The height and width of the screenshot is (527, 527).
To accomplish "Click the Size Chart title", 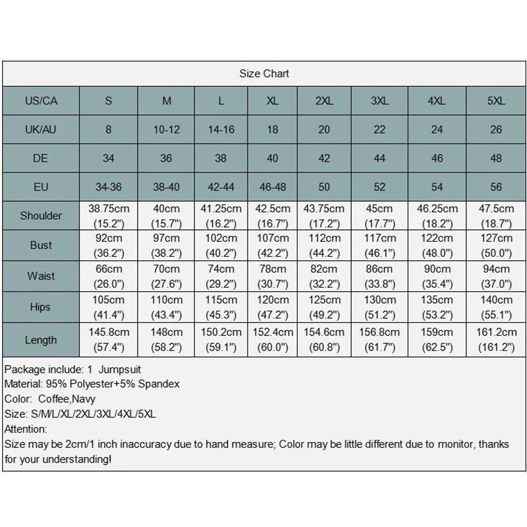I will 264,73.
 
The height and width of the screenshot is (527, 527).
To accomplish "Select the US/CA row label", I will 41,101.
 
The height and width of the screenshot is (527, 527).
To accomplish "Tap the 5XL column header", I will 495,101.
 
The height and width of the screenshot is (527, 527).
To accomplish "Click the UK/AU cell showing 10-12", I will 166,130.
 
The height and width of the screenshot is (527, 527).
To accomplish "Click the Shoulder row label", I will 41,215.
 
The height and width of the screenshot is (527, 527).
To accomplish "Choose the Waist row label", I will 41,276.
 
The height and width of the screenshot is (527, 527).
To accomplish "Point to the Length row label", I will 41,340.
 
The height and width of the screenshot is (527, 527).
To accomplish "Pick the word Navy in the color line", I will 84,399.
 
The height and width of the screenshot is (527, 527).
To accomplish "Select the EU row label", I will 41,187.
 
